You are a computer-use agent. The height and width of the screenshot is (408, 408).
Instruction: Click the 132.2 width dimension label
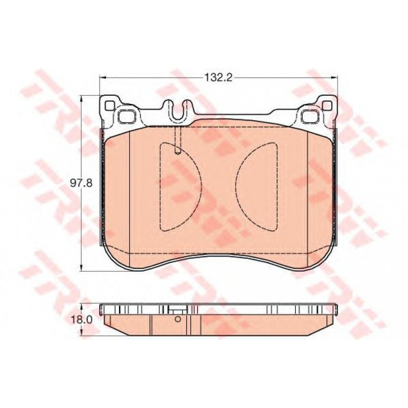coord(218,77)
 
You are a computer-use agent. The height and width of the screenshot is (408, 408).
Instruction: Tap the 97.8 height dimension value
coord(81,183)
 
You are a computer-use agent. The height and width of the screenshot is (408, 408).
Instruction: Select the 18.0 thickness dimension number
coord(81,319)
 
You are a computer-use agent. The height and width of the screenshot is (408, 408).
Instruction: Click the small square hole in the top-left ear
coord(109,105)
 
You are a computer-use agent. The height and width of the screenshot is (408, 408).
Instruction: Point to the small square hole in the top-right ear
coord(327,105)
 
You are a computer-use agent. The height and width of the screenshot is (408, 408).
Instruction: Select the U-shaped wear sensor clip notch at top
coord(178,112)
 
